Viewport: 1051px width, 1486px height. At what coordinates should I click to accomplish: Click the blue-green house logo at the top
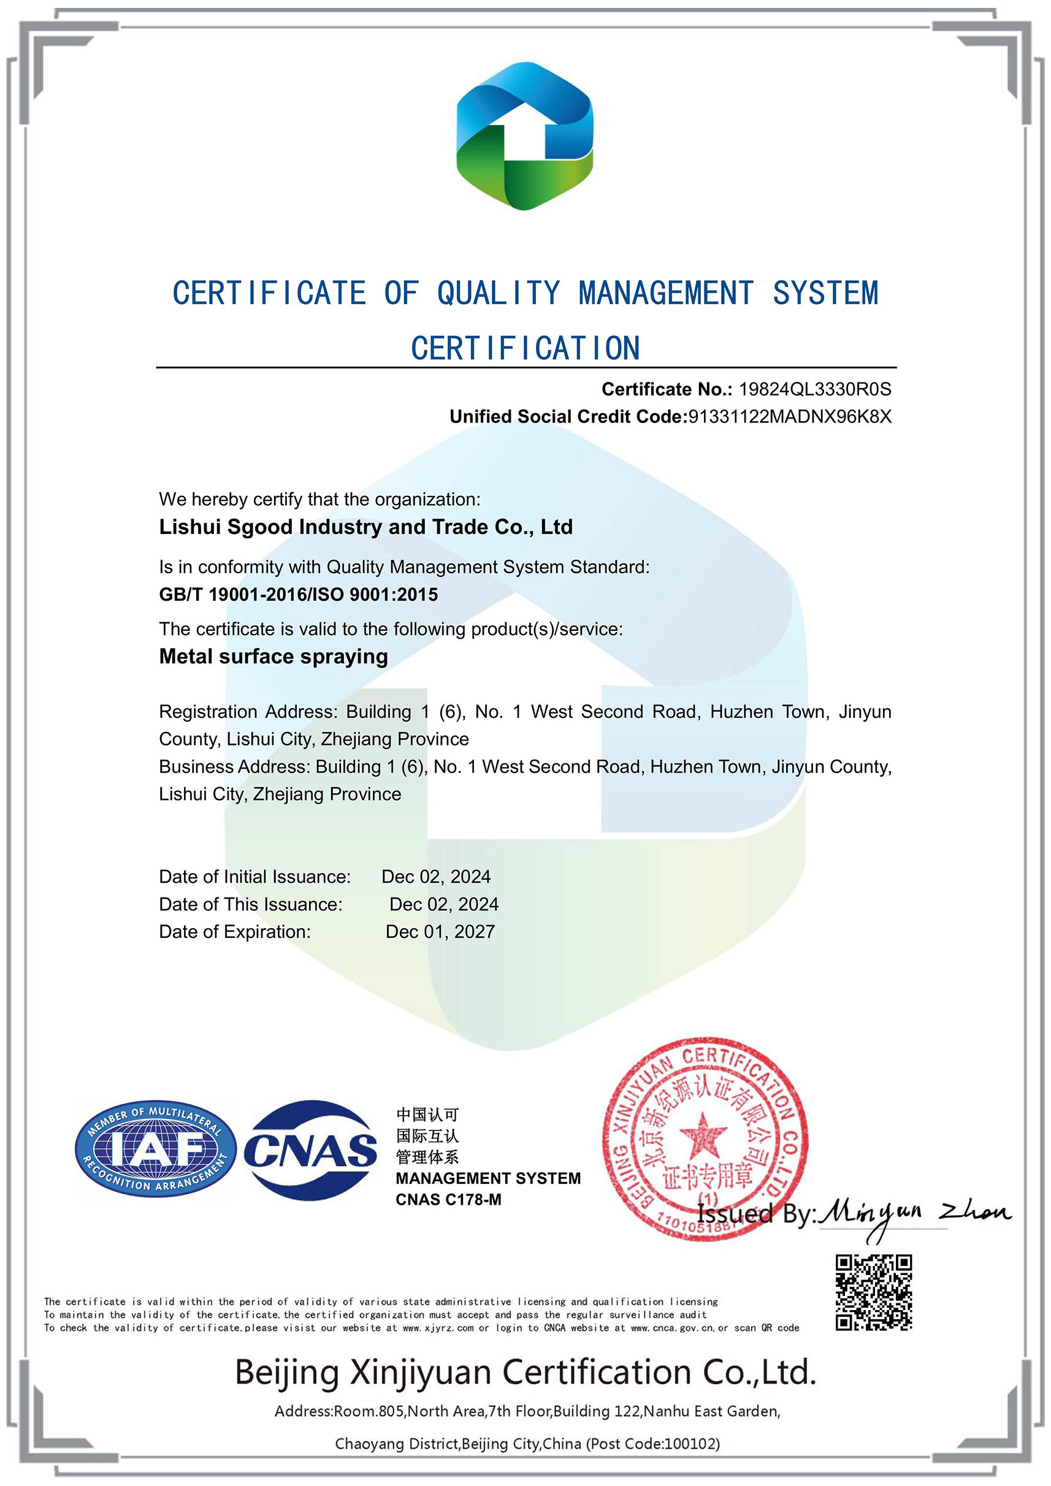point(524,136)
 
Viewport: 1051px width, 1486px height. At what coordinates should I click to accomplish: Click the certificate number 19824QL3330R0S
point(815,389)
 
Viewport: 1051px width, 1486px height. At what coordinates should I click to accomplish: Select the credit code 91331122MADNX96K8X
point(789,416)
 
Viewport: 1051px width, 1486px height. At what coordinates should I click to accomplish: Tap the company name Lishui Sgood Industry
point(366,527)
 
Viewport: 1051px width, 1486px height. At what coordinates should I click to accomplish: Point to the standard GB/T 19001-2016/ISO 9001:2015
point(299,594)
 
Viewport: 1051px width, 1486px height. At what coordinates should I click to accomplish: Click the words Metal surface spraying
point(273,657)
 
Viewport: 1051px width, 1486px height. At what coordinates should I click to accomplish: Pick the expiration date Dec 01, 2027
point(440,931)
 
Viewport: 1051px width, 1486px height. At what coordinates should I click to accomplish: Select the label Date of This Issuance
point(251,904)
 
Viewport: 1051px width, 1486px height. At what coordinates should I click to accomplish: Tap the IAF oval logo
point(155,1149)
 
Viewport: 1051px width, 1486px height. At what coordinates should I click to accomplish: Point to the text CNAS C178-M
point(448,1199)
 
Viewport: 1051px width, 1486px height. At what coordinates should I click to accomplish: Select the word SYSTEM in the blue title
point(825,293)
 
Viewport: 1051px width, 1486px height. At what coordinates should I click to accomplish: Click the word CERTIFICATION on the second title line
point(525,348)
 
